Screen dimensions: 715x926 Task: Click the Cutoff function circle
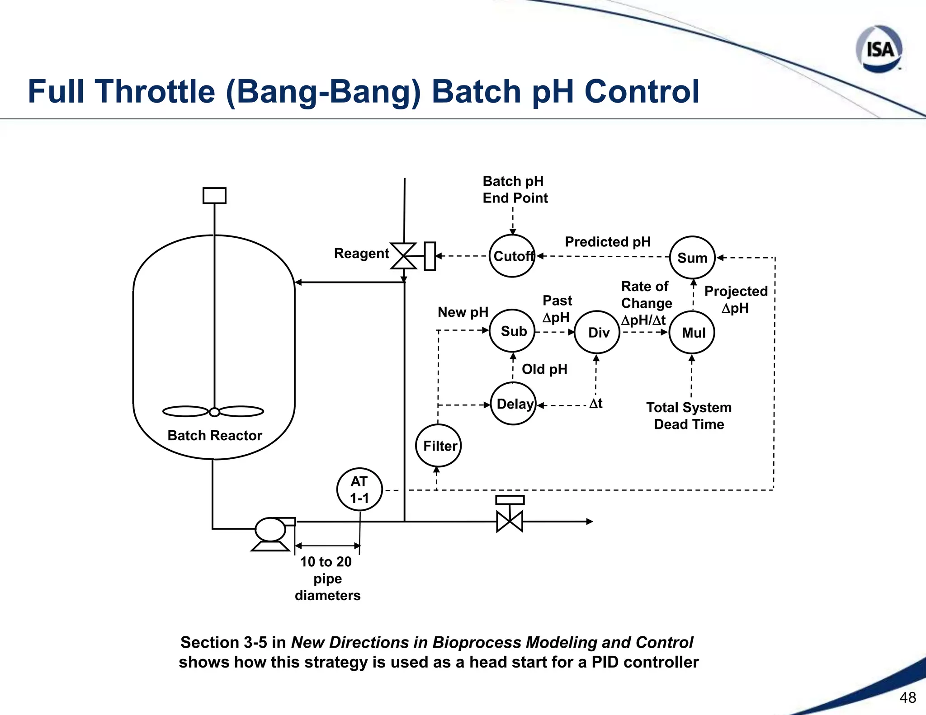point(512,256)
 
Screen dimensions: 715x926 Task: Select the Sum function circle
point(692,258)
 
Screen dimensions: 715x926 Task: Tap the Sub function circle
point(513,331)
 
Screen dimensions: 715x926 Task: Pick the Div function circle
point(597,332)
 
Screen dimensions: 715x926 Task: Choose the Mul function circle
point(692,332)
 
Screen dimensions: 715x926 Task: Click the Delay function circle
point(513,404)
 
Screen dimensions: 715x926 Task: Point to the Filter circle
point(438,446)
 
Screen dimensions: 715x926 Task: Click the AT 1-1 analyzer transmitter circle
point(359,489)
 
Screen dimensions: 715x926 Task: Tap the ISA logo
point(879,49)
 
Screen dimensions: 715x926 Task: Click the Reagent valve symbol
point(403,256)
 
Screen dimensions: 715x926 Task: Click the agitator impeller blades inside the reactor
point(213,411)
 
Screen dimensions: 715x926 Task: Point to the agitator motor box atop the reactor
point(214,196)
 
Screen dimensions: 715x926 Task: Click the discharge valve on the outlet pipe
point(510,521)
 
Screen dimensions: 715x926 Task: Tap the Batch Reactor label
point(214,435)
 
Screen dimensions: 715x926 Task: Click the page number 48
point(907,697)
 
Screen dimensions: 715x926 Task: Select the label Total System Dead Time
point(689,416)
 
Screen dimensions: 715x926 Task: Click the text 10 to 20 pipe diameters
point(327,578)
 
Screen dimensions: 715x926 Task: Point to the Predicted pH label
point(608,242)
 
